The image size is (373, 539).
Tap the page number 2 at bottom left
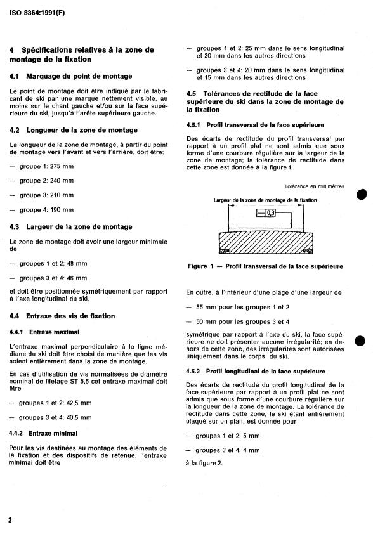(x=11, y=519)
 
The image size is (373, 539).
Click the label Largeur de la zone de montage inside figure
(x=265, y=200)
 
